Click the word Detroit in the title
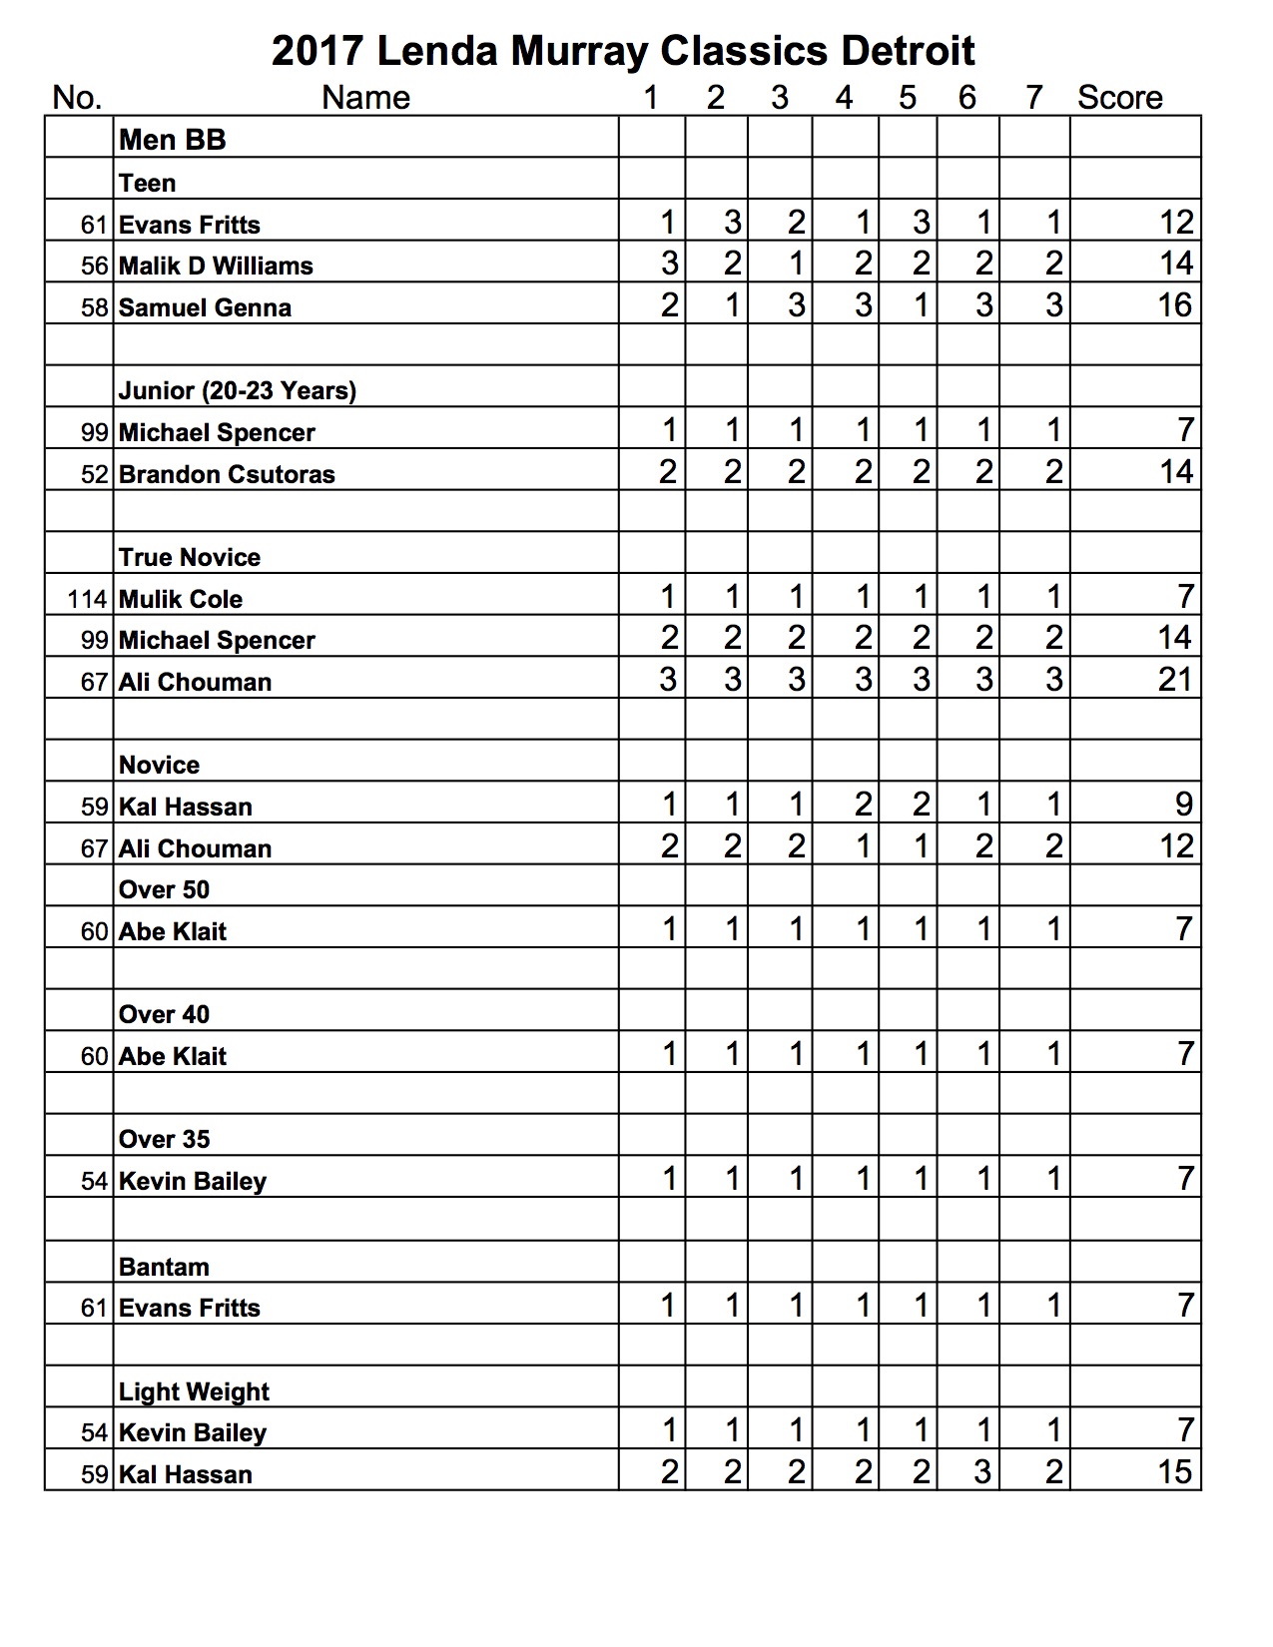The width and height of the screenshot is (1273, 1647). [x=907, y=51]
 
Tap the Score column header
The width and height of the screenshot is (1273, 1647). [x=1119, y=98]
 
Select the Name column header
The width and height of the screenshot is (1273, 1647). [x=365, y=98]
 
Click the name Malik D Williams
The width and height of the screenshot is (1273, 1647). [x=216, y=267]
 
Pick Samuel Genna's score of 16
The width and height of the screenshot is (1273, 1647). [x=1175, y=305]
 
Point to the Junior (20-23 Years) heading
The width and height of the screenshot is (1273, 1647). [x=238, y=390]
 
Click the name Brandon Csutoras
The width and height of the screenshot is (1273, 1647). [x=227, y=474]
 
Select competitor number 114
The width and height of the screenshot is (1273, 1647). [x=87, y=599]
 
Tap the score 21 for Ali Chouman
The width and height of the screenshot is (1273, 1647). [x=1175, y=681]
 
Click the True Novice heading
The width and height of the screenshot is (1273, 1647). [x=190, y=557]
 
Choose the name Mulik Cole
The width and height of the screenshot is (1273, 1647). [x=181, y=599]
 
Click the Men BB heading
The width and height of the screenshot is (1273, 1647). [x=173, y=140]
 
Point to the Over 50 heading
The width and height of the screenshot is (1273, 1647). [x=165, y=889]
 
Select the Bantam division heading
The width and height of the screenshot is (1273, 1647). [x=164, y=1267]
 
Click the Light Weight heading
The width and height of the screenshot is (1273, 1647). [x=194, y=1391]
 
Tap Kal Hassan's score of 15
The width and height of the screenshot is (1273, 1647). [x=1175, y=1472]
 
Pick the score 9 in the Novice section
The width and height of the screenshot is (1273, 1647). [x=1183, y=805]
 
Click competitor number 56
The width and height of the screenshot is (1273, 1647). [x=94, y=267]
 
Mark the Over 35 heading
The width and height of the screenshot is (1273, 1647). [x=165, y=1139]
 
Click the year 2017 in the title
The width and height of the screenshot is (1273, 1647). [x=318, y=51]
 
